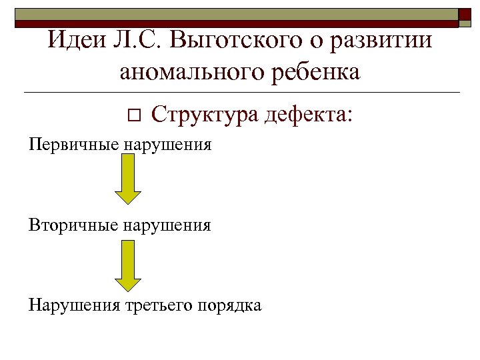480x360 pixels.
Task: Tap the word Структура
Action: (205, 115)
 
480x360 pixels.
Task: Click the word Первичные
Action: (72, 145)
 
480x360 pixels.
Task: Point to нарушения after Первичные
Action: (167, 145)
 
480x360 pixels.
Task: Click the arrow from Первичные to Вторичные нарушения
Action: (128, 181)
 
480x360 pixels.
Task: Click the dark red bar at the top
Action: (233, 23)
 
